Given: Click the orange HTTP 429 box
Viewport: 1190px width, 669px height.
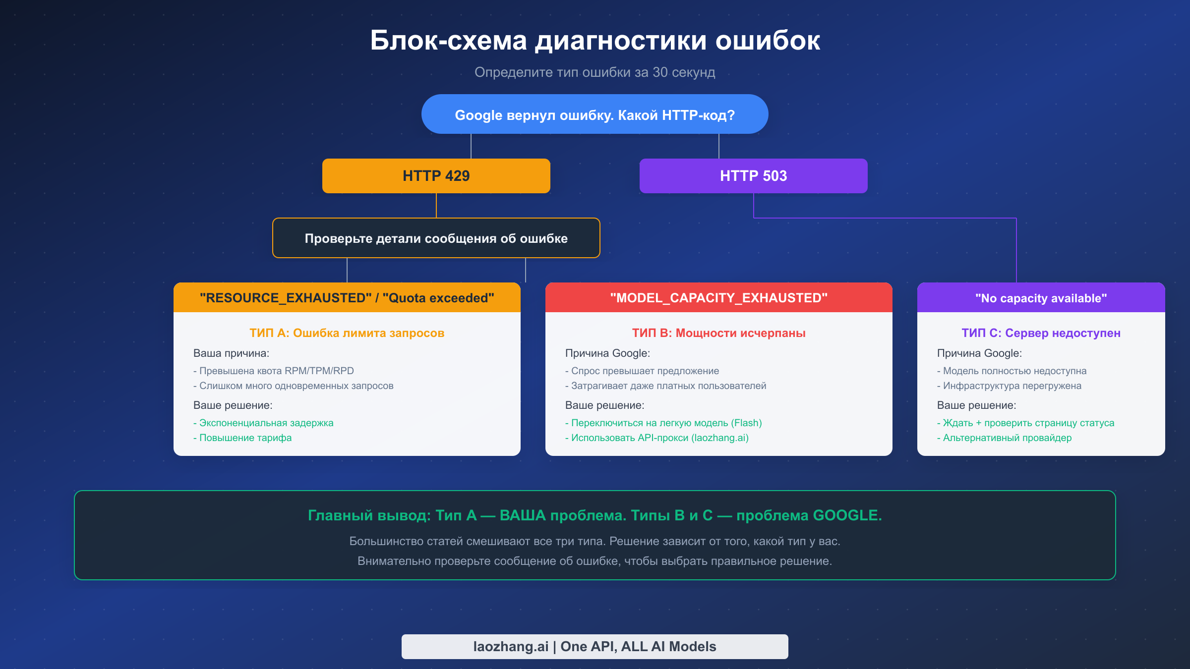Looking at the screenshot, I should point(436,176).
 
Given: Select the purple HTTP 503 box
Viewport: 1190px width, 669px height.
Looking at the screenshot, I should point(753,176).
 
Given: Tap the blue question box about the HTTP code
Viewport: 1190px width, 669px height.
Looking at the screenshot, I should point(595,114).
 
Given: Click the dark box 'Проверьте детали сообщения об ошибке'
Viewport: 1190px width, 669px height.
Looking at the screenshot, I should point(436,238).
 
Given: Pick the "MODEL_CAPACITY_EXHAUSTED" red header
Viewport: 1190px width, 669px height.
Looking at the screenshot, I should point(718,298).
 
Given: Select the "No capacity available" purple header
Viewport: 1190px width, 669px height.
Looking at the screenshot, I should point(1041,298).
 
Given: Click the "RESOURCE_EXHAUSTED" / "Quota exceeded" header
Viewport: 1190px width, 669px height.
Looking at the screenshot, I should point(347,298).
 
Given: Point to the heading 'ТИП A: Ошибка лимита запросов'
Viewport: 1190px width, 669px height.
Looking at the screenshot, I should point(347,333).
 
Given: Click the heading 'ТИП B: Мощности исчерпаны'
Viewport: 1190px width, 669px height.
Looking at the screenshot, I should point(718,333).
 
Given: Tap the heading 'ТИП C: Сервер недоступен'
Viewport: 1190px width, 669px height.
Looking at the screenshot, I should point(1041,333).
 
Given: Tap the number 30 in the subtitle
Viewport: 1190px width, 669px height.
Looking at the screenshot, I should point(660,72).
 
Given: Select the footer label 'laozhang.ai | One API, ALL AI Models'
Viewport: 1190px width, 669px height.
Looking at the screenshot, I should point(595,646).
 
